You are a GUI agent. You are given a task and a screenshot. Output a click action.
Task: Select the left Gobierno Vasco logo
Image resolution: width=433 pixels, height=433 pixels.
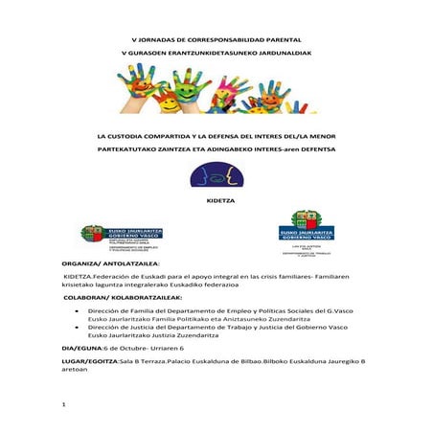108,235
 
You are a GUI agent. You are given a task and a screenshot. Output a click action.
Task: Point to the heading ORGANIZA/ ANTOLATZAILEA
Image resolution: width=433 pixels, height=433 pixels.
109,262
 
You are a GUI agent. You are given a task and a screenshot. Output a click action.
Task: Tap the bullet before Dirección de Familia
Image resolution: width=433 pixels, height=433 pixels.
76,311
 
